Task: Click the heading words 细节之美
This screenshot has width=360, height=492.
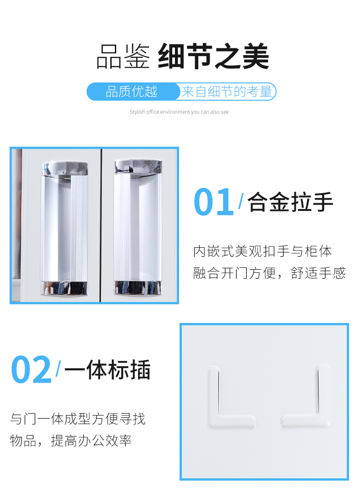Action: point(213,57)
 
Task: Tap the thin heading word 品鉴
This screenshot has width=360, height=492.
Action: point(123,57)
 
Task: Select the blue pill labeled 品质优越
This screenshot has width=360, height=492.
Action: point(132,92)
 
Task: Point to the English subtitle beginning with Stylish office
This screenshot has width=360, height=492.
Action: point(179,112)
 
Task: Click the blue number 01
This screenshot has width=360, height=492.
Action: point(213,202)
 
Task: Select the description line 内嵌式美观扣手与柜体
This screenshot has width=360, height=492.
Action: point(262,251)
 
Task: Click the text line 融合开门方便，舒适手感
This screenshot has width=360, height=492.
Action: point(269,273)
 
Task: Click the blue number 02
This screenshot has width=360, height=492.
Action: point(31,369)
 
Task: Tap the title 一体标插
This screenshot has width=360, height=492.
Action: point(108,369)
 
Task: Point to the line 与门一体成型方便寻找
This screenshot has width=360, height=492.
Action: point(78,418)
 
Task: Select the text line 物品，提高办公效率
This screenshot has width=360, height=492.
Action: point(71,441)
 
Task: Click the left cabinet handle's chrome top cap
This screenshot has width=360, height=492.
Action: point(65,168)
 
